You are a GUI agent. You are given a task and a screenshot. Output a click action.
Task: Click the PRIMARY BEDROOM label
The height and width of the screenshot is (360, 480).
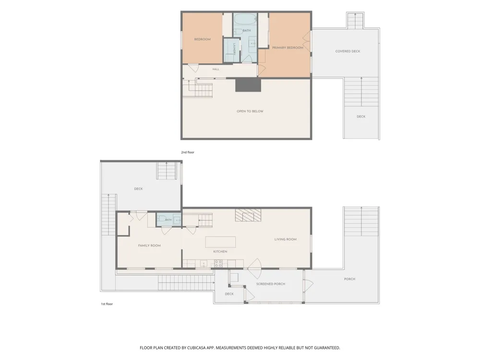288,48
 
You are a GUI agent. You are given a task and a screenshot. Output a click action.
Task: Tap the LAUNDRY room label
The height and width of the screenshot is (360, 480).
234,49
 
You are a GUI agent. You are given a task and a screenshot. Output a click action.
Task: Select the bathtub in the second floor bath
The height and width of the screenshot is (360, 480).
245,19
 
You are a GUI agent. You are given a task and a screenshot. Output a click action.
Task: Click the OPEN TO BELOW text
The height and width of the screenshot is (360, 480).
250,111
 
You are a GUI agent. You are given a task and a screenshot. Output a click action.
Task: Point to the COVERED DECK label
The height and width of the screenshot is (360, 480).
348,51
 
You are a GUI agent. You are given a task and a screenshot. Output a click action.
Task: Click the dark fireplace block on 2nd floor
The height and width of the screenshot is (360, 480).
248,85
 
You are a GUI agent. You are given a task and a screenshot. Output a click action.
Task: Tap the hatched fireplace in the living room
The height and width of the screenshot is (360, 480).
248,215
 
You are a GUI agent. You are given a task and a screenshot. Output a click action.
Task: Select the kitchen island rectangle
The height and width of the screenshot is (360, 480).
220,242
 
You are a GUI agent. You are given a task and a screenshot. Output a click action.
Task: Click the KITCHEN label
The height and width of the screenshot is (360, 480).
220,252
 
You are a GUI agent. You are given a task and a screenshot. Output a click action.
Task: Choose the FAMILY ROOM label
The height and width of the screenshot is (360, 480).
149,245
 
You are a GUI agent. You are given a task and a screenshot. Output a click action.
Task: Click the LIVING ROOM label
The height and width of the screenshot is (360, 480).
285,240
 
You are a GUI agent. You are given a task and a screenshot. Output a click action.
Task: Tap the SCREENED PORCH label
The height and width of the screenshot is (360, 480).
271,284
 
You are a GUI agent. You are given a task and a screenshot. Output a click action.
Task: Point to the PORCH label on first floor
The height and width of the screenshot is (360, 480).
349,279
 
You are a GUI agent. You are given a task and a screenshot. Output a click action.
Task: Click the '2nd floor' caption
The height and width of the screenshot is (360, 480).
188,152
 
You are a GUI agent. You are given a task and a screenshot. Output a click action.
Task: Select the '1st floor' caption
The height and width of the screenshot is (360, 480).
107,304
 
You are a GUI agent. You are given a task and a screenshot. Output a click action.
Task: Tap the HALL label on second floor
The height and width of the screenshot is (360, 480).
216,69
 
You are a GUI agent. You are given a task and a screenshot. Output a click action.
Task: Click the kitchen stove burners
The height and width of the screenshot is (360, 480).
218,263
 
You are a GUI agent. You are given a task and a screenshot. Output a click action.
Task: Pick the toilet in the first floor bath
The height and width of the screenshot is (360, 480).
161,219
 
